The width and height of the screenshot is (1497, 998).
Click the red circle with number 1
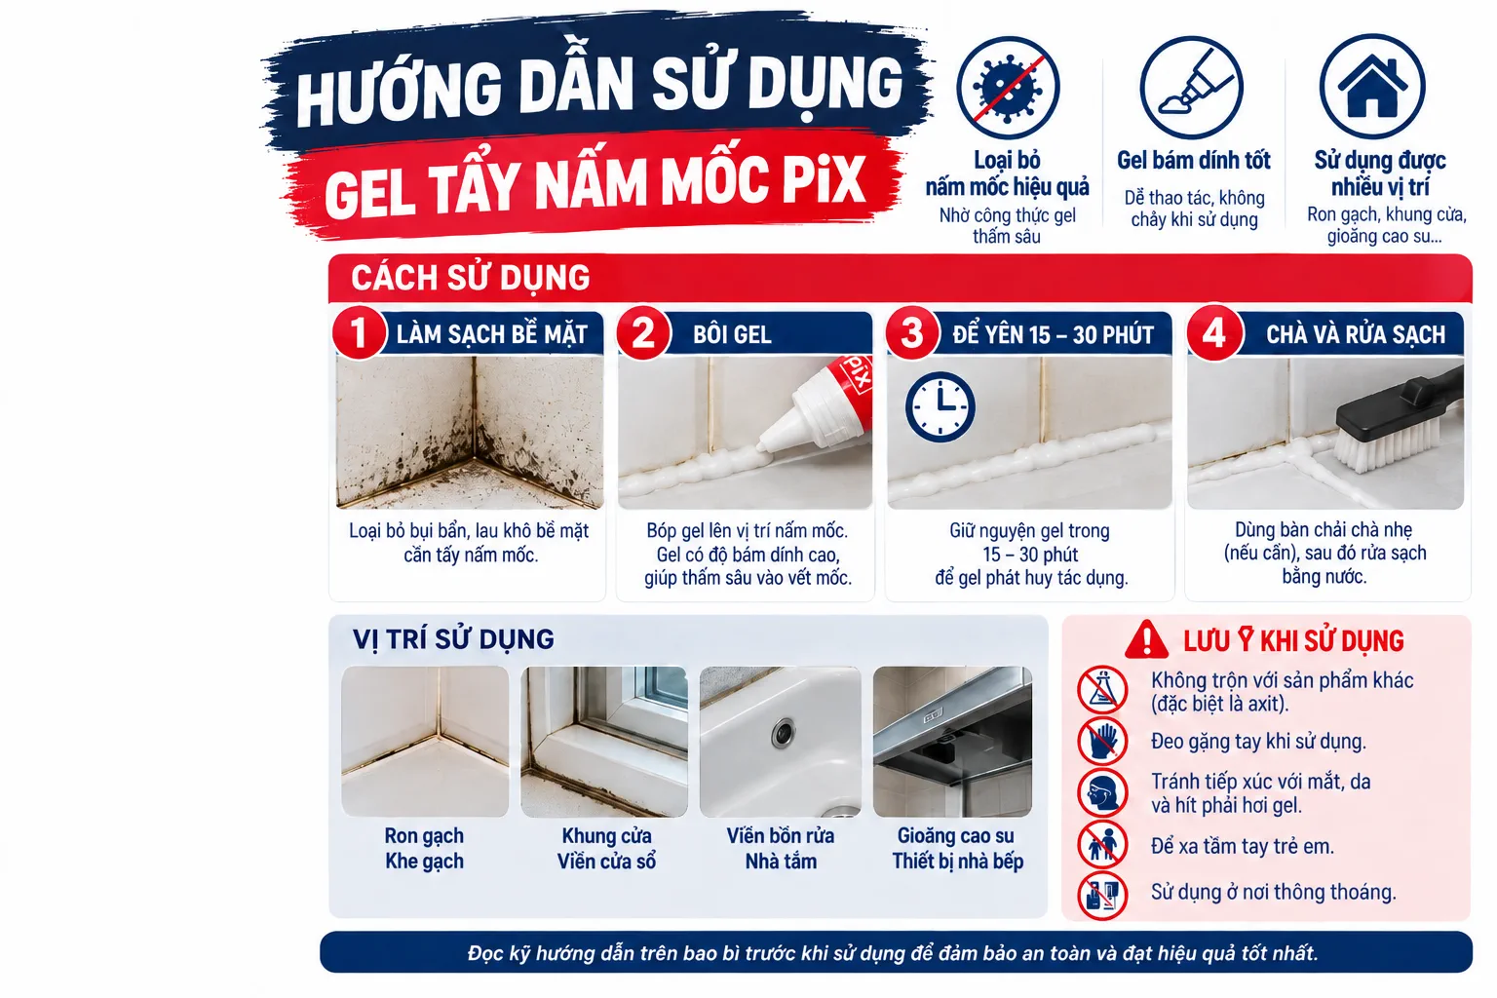click(x=359, y=333)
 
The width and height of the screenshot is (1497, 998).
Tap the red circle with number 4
click(x=1214, y=333)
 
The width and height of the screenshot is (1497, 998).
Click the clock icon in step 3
click(x=940, y=406)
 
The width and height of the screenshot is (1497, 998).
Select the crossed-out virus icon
click(x=1008, y=88)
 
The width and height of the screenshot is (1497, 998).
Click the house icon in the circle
click(x=1372, y=86)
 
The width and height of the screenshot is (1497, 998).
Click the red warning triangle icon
click(x=1147, y=639)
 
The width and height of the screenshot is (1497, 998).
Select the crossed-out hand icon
click(x=1102, y=742)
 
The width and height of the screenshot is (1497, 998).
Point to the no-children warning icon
click(x=1102, y=845)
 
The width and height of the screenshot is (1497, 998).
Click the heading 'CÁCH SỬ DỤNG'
click(x=471, y=278)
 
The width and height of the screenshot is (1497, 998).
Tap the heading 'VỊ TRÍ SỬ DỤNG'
click(x=453, y=638)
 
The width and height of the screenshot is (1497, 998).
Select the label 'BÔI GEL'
click(x=732, y=334)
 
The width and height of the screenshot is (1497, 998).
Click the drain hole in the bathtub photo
click(x=784, y=733)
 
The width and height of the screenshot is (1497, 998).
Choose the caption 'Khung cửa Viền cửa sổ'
click(x=606, y=848)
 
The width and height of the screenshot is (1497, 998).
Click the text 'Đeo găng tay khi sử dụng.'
click(x=1258, y=742)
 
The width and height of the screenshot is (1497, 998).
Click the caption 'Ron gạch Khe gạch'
click(x=424, y=848)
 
